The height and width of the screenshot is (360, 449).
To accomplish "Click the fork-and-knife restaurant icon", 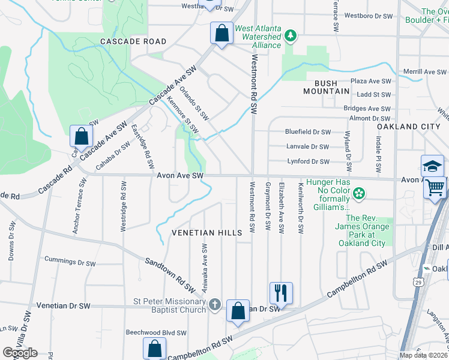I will pyautogui.click(x=280, y=293).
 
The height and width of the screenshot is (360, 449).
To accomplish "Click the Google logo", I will pyautogui.click(x=20, y=352).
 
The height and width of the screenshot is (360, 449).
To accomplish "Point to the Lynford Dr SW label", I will pyautogui.click(x=308, y=161).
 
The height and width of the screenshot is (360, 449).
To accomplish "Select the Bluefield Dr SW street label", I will pyautogui.click(x=308, y=132).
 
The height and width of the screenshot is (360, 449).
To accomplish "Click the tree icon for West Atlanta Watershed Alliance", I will pyautogui.click(x=291, y=36).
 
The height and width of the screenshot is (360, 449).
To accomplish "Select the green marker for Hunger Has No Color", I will pyautogui.click(x=358, y=193).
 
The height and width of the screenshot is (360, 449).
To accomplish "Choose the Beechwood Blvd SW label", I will pyautogui.click(x=156, y=332).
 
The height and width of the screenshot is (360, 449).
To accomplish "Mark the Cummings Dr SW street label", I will pyautogui.click(x=70, y=259).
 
